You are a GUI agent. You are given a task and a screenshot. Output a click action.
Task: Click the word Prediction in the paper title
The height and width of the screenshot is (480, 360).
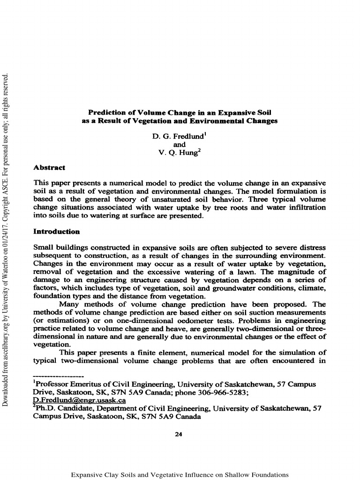[x=106, y=112]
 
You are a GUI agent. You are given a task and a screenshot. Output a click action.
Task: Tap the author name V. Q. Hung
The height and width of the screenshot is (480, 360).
[x=173, y=152]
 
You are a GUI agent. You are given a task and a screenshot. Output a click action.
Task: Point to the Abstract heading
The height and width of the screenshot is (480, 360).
[x=50, y=167]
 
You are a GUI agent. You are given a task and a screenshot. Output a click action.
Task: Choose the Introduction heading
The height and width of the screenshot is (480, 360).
[x=57, y=232]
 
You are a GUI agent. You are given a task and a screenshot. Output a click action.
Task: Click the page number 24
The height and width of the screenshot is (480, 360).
[x=178, y=435]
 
